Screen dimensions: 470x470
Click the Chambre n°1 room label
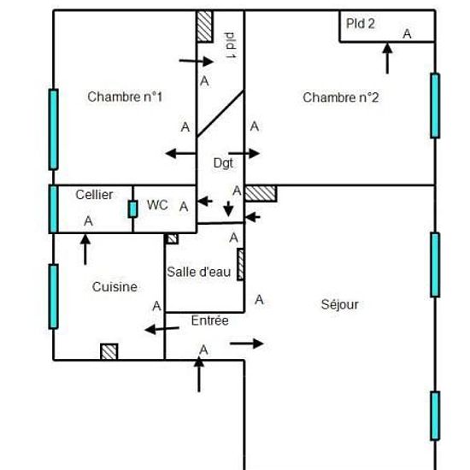coord(125,97)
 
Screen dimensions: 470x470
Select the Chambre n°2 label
coord(340,97)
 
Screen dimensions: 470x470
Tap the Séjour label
coord(339,305)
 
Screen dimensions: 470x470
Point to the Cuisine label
coord(115,287)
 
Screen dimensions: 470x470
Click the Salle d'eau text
coord(199,272)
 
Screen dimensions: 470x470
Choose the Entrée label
coord(210,320)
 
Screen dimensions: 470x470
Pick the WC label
coord(157,205)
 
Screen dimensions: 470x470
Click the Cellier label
coord(94,195)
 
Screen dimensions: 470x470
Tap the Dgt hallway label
coord(223,163)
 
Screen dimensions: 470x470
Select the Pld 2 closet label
coord(361,24)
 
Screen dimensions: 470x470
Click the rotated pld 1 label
coord(231,45)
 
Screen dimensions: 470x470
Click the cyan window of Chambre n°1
coord(53,130)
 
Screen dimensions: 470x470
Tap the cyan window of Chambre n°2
coord(435,106)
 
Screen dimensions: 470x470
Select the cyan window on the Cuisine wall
coord(53,297)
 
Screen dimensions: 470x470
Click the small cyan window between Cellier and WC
coord(132,209)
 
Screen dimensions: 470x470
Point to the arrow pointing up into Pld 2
coord(387,58)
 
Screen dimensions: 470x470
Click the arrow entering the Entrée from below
coord(199,374)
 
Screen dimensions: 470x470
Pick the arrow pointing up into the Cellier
coord(85,250)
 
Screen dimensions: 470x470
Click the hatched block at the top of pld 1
coord(205,26)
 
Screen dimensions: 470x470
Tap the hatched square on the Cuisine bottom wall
coord(109,352)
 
